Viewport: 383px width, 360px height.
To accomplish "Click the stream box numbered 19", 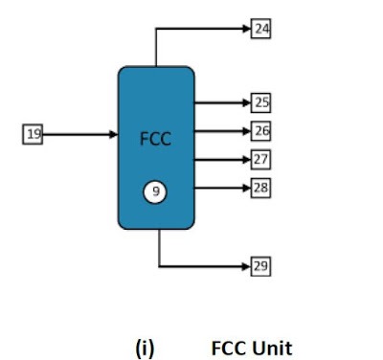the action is click(x=33, y=134).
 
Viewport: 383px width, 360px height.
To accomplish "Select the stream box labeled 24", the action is click(x=260, y=29).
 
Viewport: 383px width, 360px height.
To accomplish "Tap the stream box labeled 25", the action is click(x=260, y=102).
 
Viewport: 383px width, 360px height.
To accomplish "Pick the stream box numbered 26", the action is click(x=260, y=131).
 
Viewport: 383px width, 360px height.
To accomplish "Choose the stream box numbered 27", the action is click(x=260, y=159).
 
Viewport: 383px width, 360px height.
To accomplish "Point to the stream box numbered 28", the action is click(x=260, y=188).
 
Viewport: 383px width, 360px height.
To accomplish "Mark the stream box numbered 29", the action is click(x=260, y=266).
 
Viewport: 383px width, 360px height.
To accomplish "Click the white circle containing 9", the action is click(x=155, y=191).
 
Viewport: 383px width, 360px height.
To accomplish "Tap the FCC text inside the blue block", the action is click(x=155, y=139).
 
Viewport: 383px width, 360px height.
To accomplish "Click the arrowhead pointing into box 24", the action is click(x=247, y=29).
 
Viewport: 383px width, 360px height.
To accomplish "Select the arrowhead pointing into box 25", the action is click(x=247, y=102).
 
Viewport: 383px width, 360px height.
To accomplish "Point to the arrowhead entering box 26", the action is click(x=247, y=131).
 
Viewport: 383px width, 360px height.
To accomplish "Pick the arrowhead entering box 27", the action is click(x=247, y=160).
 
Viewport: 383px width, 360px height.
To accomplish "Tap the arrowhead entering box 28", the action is click(x=247, y=188).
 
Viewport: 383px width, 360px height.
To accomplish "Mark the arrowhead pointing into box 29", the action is click(x=247, y=266).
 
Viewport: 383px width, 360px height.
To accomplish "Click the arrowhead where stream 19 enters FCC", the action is click(x=114, y=134).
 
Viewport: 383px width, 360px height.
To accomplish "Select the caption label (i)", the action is click(x=145, y=349).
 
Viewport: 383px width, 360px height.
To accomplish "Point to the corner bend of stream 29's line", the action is click(x=159, y=266).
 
